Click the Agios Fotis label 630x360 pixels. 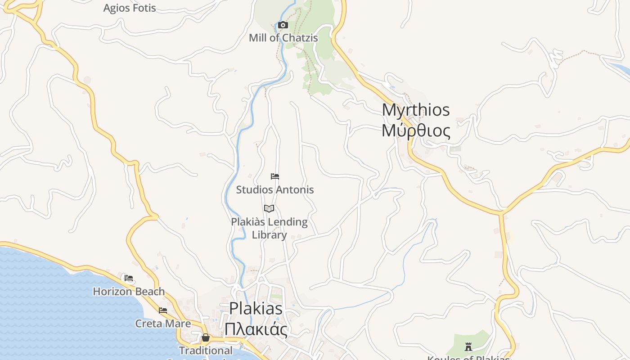pos(130,8)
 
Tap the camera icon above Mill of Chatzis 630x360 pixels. pos(283,25)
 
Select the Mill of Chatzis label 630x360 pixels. pos(283,38)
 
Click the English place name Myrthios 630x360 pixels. pos(416,110)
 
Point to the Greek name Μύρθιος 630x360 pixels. pos(416,131)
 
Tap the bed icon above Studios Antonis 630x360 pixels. pos(275,176)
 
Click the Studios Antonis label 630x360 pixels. pos(275,189)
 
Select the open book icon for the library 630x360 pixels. pos(269,208)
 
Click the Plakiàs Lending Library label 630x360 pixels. pos(269,228)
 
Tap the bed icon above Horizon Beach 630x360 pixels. pos(129,278)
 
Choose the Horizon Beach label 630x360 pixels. pos(129,292)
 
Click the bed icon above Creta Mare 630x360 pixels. pos(163,310)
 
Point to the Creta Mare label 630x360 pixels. pos(163,324)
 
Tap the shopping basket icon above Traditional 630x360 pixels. pos(206,337)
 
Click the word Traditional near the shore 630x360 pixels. pos(206,350)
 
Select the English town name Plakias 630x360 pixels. pos(256,309)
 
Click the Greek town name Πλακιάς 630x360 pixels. pos(256,329)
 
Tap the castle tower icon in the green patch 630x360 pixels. pos(468,347)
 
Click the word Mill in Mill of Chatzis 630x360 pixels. pos(258,38)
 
